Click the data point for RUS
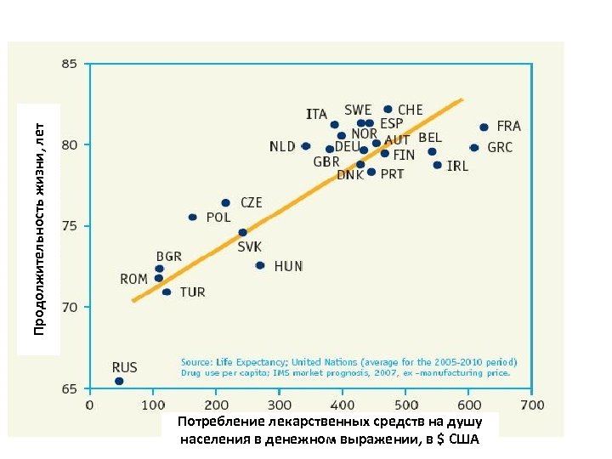pos(119,382)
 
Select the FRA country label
pos(508,126)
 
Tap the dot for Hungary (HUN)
pos(260,265)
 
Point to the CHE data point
pos(388,110)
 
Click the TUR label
pos(192,292)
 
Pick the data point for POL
pos(192,218)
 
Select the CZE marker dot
pos(225,203)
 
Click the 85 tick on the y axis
pos(69,64)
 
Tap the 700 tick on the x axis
pos(532,405)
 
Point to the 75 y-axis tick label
pos(69,226)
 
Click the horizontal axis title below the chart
pos(330,430)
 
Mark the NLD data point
pos(306,146)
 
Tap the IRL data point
pos(438,165)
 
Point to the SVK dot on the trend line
pos(242,232)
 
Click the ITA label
pos(316,113)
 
